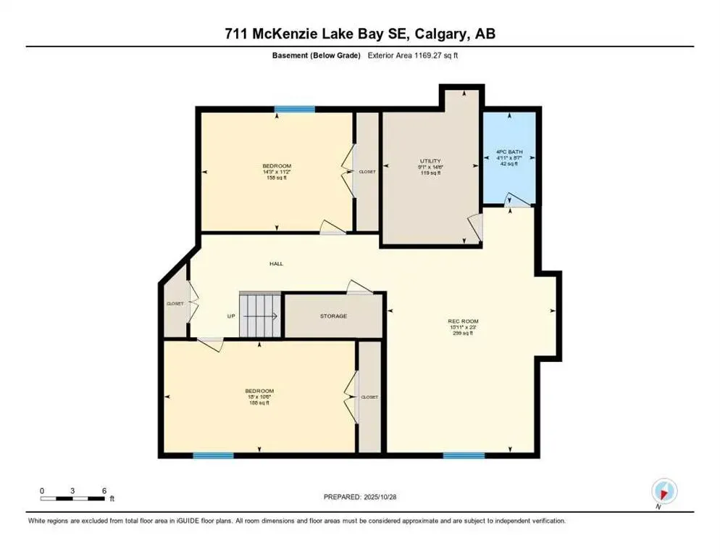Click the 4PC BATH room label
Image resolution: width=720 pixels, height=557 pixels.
tap(508, 152)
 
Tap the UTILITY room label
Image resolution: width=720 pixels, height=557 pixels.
tap(430, 161)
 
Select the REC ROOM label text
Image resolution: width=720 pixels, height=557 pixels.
tap(464, 321)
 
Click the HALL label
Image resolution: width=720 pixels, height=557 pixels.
tap(276, 264)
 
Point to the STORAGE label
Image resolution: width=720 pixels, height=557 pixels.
tap(333, 316)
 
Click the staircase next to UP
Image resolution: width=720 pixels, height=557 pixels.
tap(259, 315)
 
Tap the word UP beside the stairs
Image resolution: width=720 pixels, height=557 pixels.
tap(231, 316)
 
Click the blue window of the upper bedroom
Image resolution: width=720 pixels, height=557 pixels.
tap(294, 110)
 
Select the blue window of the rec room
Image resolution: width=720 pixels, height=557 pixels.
tap(464, 455)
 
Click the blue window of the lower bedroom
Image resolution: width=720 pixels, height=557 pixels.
tap(213, 455)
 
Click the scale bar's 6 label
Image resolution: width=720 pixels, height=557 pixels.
tap(104, 490)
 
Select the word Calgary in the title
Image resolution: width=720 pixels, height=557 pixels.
tap(433, 33)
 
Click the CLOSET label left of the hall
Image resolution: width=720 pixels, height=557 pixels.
tap(175, 303)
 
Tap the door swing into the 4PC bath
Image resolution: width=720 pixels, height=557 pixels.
tap(516, 199)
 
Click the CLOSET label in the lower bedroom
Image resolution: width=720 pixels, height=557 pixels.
tap(369, 397)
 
